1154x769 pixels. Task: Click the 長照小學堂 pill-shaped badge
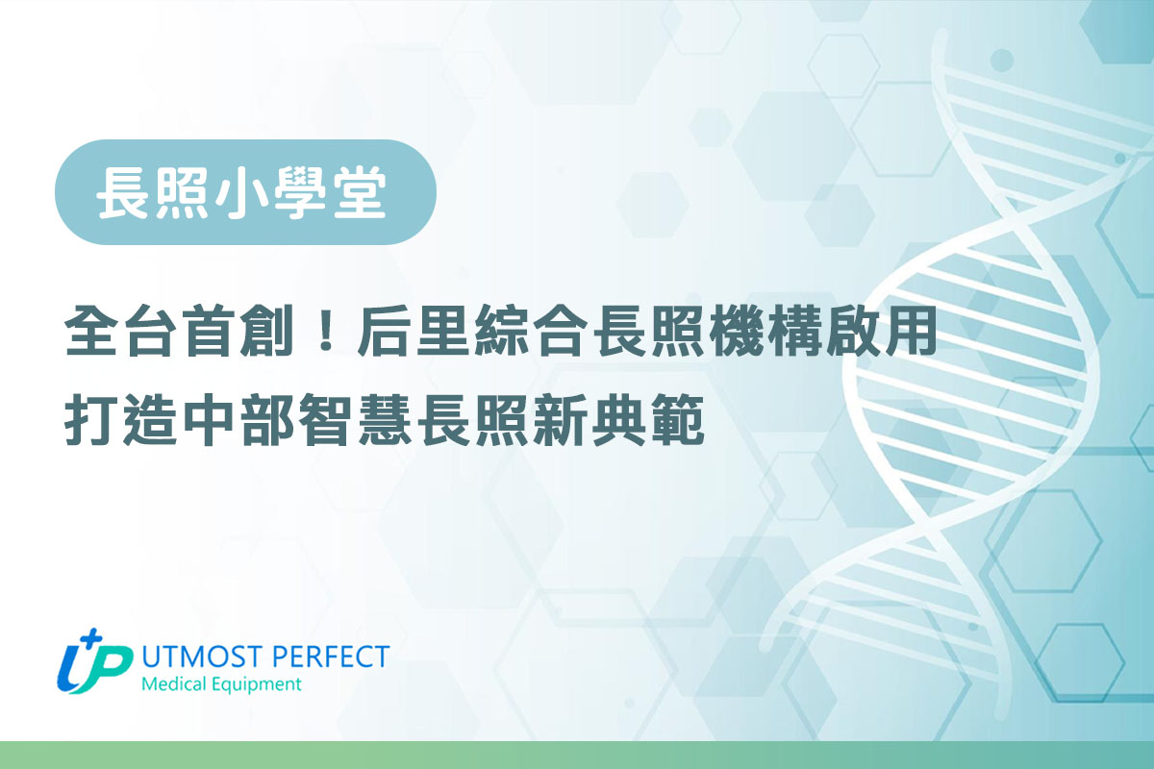[245, 192]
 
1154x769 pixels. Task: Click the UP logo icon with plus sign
[94, 664]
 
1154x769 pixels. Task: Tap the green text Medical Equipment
[221, 685]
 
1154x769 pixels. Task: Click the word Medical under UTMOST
[172, 685]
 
